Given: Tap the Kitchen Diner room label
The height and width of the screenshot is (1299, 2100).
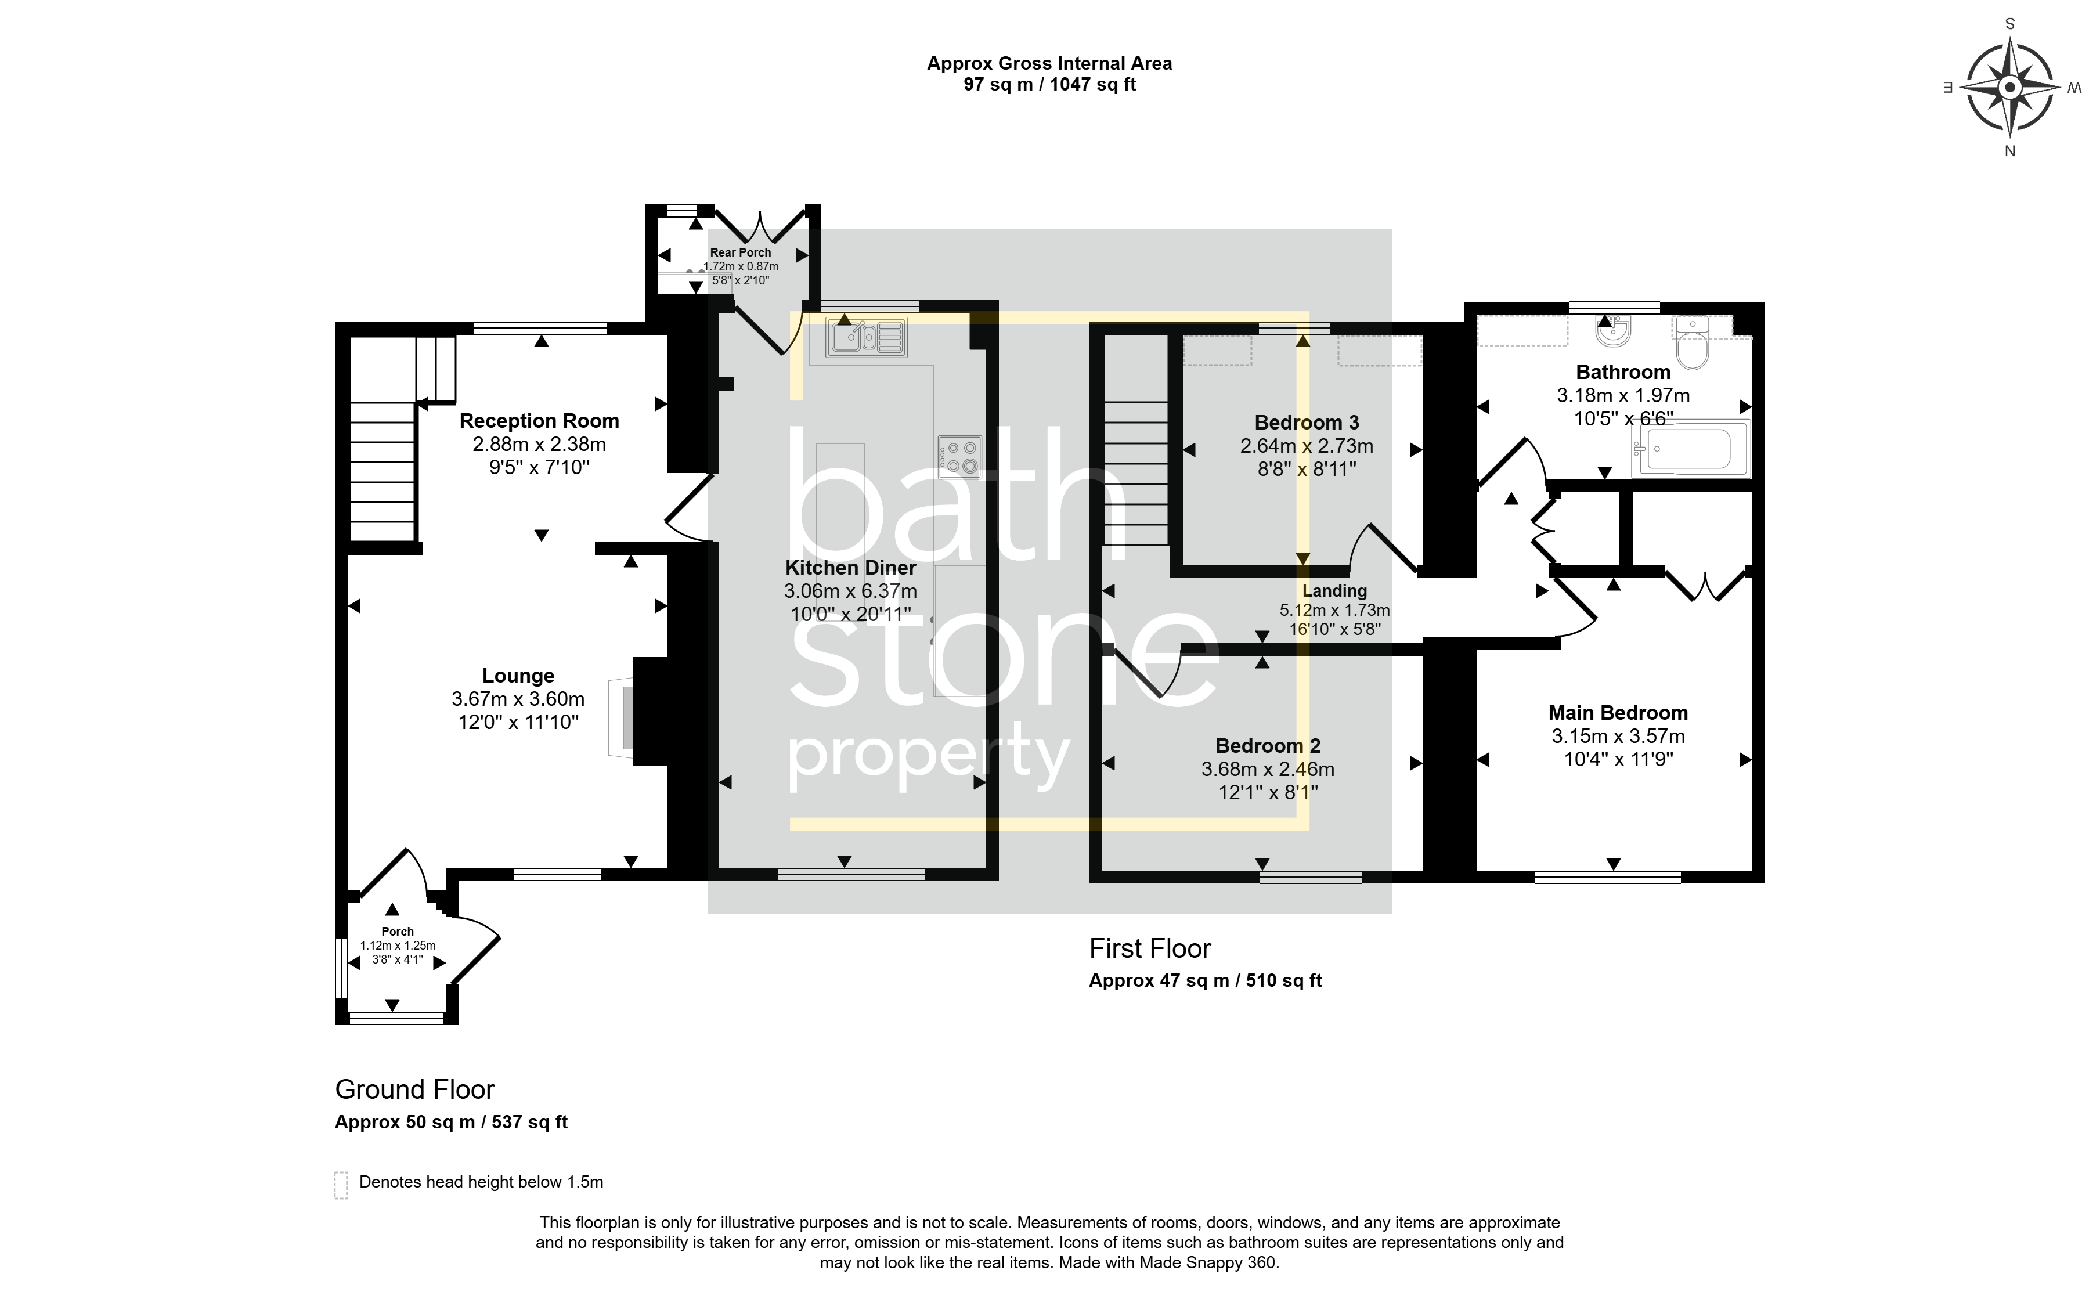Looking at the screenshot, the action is pyautogui.click(x=850, y=568).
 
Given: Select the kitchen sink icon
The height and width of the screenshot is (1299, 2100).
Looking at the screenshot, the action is pyautogui.click(x=866, y=337).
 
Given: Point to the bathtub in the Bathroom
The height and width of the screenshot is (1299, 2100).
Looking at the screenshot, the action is pyautogui.click(x=1690, y=449).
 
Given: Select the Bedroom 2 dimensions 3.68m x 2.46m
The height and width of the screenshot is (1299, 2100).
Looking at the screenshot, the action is pyautogui.click(x=1268, y=769).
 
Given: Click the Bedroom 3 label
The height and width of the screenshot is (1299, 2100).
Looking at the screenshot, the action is pyautogui.click(x=1307, y=423).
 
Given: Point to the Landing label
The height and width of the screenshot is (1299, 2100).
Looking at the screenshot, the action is pyautogui.click(x=1334, y=591).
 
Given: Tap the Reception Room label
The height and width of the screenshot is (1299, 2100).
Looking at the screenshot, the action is pyautogui.click(x=539, y=421).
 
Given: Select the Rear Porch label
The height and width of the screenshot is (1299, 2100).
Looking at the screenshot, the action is pyautogui.click(x=741, y=252).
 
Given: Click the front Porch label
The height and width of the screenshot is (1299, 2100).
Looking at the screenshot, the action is pyautogui.click(x=398, y=931).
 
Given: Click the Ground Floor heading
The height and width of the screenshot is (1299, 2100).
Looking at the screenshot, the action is pyautogui.click(x=415, y=1089).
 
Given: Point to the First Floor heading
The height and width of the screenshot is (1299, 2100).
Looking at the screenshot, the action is pyautogui.click(x=1150, y=948).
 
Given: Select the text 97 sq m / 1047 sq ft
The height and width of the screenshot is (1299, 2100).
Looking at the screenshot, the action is pyautogui.click(x=1049, y=84).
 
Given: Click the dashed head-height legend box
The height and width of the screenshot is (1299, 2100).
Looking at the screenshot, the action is pyautogui.click(x=341, y=1185).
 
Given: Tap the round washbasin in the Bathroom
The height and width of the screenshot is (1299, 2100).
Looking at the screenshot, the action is pyautogui.click(x=1613, y=330).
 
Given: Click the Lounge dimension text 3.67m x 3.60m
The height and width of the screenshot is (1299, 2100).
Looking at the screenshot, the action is pyautogui.click(x=518, y=699).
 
